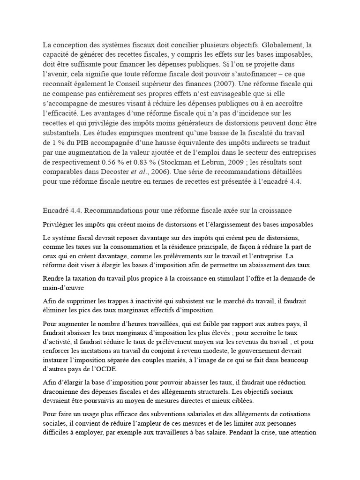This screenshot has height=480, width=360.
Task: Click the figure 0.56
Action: click(x=108, y=162)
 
